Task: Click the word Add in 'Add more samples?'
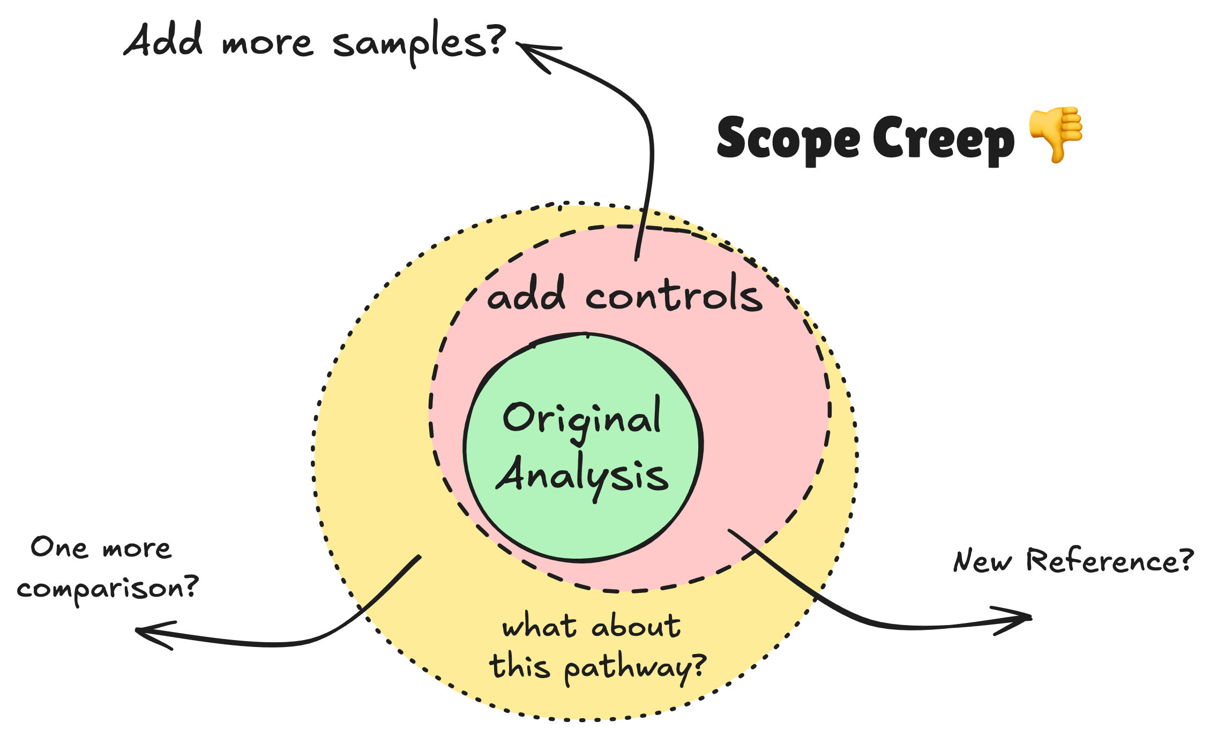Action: pyautogui.click(x=163, y=40)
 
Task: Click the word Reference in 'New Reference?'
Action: pyautogui.click(x=1109, y=561)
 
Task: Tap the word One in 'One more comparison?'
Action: pyautogui.click(x=59, y=548)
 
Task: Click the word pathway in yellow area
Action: pyautogui.click(x=635, y=668)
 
